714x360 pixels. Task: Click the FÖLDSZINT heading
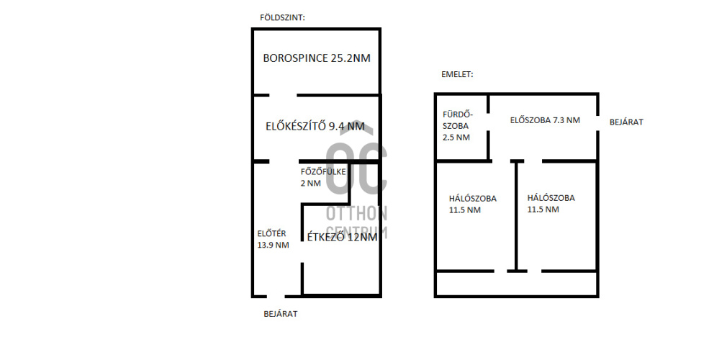282,18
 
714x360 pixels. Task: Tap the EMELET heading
457,74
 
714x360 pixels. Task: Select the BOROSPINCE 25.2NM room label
317,58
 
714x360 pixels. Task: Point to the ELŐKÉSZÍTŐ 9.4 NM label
315,126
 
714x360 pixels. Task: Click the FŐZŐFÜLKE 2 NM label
323,178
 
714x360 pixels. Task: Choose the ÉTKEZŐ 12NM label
342,237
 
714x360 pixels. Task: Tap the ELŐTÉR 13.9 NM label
273,239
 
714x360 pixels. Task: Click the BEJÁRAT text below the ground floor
281,314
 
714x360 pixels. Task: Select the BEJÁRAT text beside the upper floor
626,122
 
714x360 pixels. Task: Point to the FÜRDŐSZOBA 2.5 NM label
457,126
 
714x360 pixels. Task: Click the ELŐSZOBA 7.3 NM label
545,120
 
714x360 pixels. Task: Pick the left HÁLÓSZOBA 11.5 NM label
473,204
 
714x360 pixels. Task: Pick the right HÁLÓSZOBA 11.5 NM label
551,203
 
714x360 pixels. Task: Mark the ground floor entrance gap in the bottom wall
276,296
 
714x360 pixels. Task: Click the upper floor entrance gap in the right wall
597,122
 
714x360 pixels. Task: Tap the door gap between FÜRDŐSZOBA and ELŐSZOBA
488,122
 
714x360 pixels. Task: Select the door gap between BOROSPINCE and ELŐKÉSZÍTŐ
283,95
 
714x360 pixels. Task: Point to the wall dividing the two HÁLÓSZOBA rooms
516,216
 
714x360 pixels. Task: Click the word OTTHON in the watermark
356,213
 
